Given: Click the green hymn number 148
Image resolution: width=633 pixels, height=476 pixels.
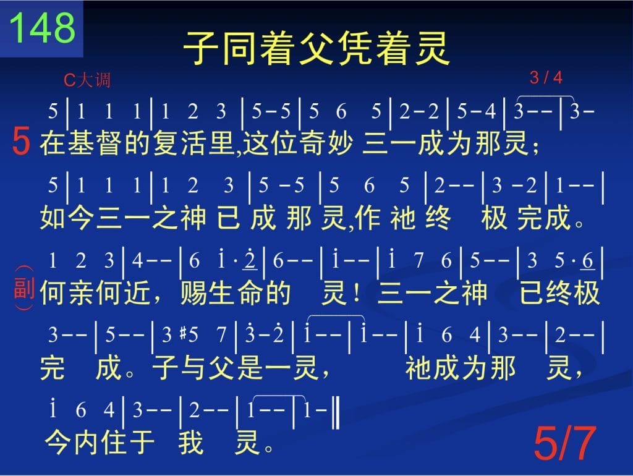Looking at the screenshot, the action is coord(42,27).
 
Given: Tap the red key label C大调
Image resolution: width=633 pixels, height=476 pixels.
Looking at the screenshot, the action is coord(87,80).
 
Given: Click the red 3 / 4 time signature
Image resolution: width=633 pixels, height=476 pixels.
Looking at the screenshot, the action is coord(546,77).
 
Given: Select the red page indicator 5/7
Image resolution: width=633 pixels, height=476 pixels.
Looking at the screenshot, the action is coord(565,443).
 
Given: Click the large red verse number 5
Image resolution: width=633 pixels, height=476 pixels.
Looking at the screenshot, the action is coord(21,141).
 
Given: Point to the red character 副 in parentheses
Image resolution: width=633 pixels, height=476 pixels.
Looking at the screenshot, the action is coord(24,287).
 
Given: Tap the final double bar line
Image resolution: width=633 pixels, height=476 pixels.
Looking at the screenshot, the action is coord(336,412).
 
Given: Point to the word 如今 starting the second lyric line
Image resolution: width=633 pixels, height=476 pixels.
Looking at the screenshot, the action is coord(67,218).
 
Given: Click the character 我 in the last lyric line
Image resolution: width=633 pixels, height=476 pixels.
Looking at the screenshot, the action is coord(191,442).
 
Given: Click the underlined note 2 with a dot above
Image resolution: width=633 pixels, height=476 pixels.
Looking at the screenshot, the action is coord(250,260).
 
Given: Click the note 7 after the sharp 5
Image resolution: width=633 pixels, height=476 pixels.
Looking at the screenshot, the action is coord(221,334).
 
